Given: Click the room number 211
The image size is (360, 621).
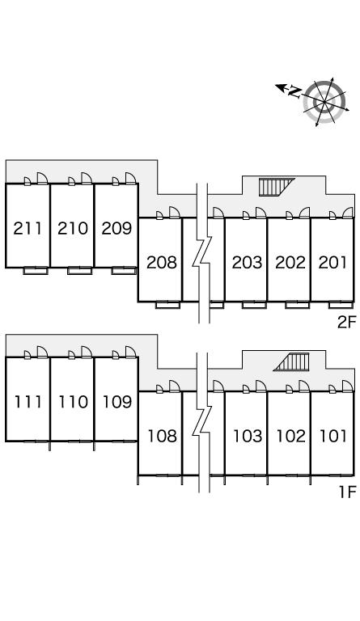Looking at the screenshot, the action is [x=28, y=229].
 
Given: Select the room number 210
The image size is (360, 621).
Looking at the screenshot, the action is [x=73, y=229].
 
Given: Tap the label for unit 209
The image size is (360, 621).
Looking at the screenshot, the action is [x=116, y=229].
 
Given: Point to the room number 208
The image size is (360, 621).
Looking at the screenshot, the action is [x=162, y=262].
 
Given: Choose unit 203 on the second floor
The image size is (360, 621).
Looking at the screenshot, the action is [x=247, y=262].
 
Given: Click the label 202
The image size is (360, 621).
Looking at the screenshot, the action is [x=290, y=262].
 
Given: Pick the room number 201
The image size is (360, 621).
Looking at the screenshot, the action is [x=332, y=262].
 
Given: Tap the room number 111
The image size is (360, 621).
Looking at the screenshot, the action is [x=28, y=402].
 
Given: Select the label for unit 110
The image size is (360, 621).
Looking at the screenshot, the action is [x=74, y=402].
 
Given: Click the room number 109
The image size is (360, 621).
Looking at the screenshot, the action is [x=117, y=402].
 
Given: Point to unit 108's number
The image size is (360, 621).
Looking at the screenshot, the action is [x=163, y=436].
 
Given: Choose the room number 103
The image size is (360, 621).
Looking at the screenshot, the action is [x=248, y=436].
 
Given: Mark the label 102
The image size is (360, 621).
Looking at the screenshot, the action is [x=291, y=436].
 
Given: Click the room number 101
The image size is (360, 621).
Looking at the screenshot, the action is [x=333, y=436].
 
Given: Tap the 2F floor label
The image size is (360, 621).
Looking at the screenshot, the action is [x=347, y=322].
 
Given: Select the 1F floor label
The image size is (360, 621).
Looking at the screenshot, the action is [x=348, y=492].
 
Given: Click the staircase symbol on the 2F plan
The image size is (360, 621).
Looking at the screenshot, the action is [x=274, y=187].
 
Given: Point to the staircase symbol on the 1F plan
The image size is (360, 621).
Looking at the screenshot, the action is [x=291, y=362].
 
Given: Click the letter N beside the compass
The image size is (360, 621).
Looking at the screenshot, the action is [x=294, y=92].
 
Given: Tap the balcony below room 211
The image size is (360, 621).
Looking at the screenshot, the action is [x=36, y=271].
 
